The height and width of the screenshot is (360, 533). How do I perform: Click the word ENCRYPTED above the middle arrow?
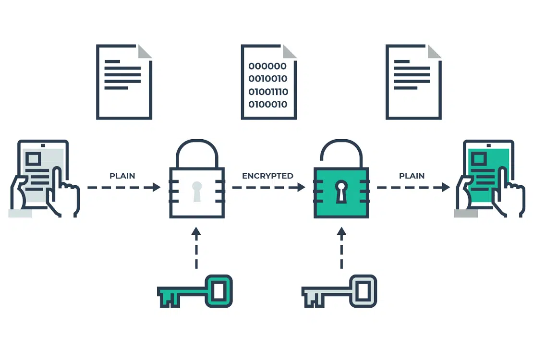click(x=267, y=176)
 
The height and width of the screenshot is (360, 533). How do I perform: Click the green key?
click(x=195, y=291)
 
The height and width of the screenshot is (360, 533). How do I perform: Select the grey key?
click(x=339, y=291)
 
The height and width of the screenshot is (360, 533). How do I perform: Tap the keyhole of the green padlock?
click(x=341, y=192)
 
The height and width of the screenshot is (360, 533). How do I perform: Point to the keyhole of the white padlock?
click(x=197, y=192)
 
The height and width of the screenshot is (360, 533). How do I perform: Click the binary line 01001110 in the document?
click(x=268, y=92)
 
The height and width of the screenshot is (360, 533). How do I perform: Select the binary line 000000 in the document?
click(x=267, y=66)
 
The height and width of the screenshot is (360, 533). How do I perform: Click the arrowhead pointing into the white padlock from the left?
click(x=157, y=187)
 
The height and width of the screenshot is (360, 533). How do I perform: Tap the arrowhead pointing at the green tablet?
click(x=446, y=187)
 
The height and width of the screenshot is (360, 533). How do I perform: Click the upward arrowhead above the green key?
click(x=196, y=231)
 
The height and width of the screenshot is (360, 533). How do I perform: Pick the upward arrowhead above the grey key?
click(x=341, y=231)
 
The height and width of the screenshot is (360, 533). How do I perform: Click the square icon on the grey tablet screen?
click(x=33, y=158)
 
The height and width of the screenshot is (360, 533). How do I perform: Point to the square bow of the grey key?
click(x=363, y=291)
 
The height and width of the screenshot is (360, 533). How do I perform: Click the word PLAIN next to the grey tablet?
click(x=122, y=176)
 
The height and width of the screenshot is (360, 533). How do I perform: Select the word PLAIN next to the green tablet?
click(x=412, y=176)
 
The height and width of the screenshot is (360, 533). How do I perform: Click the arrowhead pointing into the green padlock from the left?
click(x=301, y=187)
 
